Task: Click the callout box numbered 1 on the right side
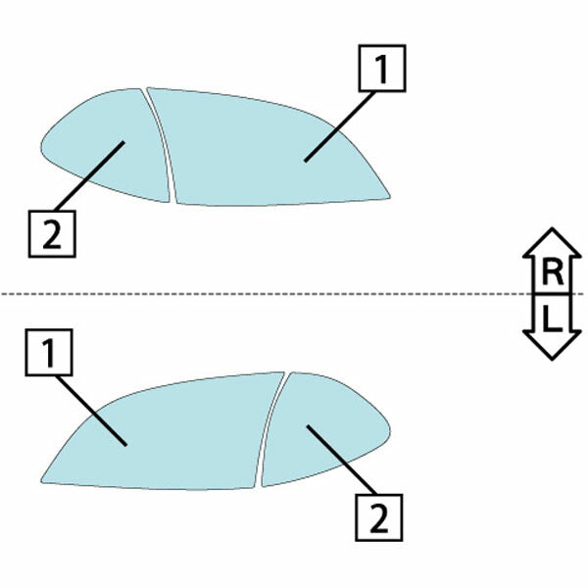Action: pos(382,69)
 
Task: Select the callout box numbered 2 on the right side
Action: pos(378,517)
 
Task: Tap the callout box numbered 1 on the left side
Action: pos(49,353)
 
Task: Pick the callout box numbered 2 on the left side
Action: pos(52,234)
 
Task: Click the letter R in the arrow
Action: pos(553,273)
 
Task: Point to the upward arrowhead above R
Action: pos(552,242)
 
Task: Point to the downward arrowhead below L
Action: pos(552,345)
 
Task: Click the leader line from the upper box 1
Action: pos(340,126)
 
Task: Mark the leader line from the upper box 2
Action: pos(89,175)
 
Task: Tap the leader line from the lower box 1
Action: pos(92,411)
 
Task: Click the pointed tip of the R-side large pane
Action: pos(390,197)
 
